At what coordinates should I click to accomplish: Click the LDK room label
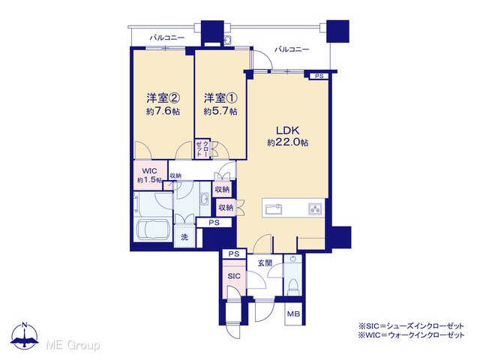[x=287, y=130]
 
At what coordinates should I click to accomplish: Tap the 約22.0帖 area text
[x=287, y=142]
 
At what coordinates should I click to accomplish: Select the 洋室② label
[x=163, y=98]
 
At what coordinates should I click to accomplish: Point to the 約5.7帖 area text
[x=220, y=111]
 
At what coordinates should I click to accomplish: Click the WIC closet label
[x=150, y=171]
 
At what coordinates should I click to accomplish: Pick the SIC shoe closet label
[x=234, y=276]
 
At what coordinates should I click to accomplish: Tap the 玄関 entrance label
[x=265, y=263]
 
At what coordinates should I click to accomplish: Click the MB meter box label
[x=293, y=314]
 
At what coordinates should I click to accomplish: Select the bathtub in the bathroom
[x=153, y=229]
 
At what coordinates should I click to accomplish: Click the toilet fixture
[x=293, y=286]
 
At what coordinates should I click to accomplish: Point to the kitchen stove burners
[x=315, y=209]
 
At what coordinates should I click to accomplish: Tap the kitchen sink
[x=274, y=209]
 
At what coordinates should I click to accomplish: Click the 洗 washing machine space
[x=184, y=237]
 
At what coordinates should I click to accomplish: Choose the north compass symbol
[x=25, y=335]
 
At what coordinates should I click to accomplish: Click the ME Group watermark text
[x=73, y=345]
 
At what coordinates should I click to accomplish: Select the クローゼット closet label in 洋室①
[x=202, y=148]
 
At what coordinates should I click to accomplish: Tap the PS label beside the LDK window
[x=319, y=76]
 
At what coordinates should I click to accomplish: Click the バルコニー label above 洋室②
[x=167, y=38]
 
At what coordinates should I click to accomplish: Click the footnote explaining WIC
[x=411, y=335]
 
